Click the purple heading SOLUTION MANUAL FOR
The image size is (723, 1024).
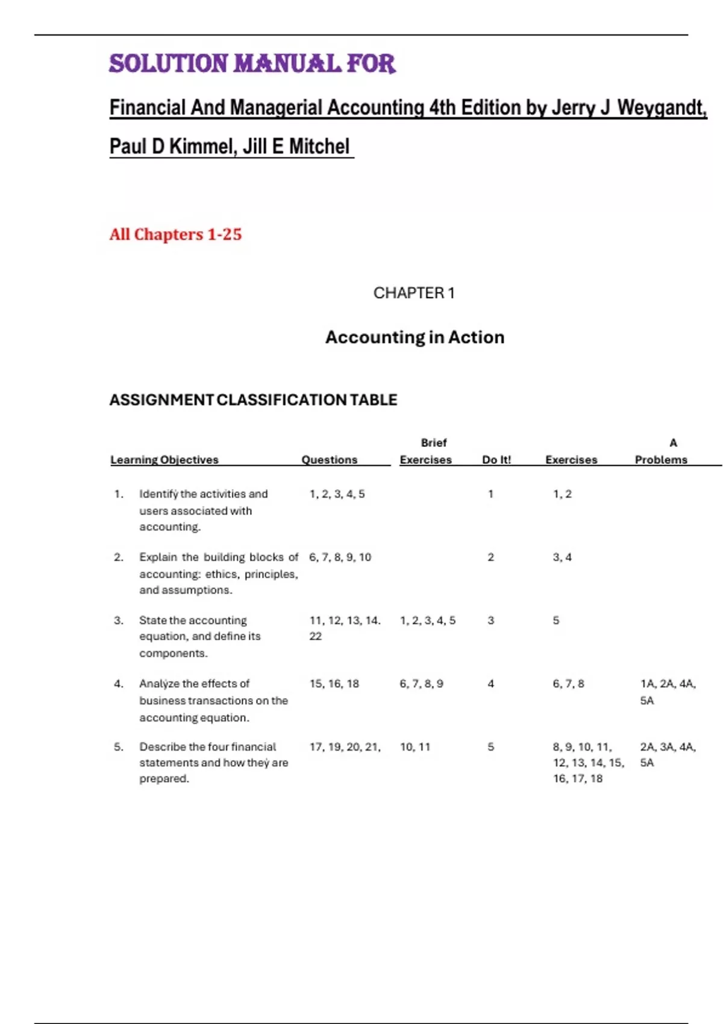pos(252,64)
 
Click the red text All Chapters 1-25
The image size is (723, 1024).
pos(175,234)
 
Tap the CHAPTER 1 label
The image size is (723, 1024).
pos(414,293)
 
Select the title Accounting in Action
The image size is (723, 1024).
pos(415,337)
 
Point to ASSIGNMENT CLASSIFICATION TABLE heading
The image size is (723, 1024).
pos(253,400)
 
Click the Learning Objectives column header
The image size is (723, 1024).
pos(164,460)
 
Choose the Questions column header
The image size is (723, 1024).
pos(329,460)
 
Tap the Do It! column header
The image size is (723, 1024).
pos(496,460)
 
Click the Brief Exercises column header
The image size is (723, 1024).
pos(427,452)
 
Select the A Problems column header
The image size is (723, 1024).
pos(662,452)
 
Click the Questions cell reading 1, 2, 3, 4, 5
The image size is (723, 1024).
pos(337,494)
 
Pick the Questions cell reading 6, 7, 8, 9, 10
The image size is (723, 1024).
pos(340,557)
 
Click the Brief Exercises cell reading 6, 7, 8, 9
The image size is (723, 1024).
pos(421,684)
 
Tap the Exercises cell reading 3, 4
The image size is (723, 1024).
pos(562,557)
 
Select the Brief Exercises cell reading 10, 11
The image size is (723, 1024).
pos(415,747)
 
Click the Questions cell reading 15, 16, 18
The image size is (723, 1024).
pos(334,684)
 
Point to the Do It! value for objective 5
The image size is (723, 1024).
pos(490,747)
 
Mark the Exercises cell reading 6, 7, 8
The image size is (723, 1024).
pos(568,684)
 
